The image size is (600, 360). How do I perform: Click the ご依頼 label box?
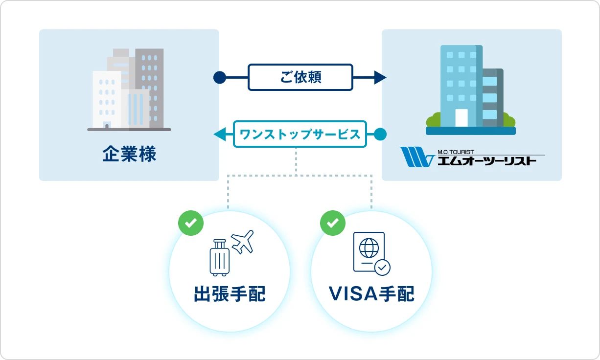(300, 77)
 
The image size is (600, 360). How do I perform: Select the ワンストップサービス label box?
(300, 134)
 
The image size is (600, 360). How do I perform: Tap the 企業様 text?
(129, 155)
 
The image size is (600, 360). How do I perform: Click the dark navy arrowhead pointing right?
(380, 77)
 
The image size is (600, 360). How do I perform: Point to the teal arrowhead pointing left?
(220, 134)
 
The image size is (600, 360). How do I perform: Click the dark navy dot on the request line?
(220, 77)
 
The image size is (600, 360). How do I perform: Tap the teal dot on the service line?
(380, 134)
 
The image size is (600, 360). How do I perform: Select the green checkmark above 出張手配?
(190, 223)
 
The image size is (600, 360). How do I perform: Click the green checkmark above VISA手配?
(332, 223)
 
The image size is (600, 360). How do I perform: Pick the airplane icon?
(242, 241)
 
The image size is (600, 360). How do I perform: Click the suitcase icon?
(219, 258)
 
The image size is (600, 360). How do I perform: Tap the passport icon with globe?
(368, 251)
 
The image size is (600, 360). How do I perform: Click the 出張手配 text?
(230, 294)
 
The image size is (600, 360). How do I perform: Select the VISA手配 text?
(371, 294)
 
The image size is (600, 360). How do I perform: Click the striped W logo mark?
(416, 157)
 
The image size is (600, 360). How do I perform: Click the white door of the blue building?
(462, 117)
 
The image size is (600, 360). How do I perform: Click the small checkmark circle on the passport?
(382, 267)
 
